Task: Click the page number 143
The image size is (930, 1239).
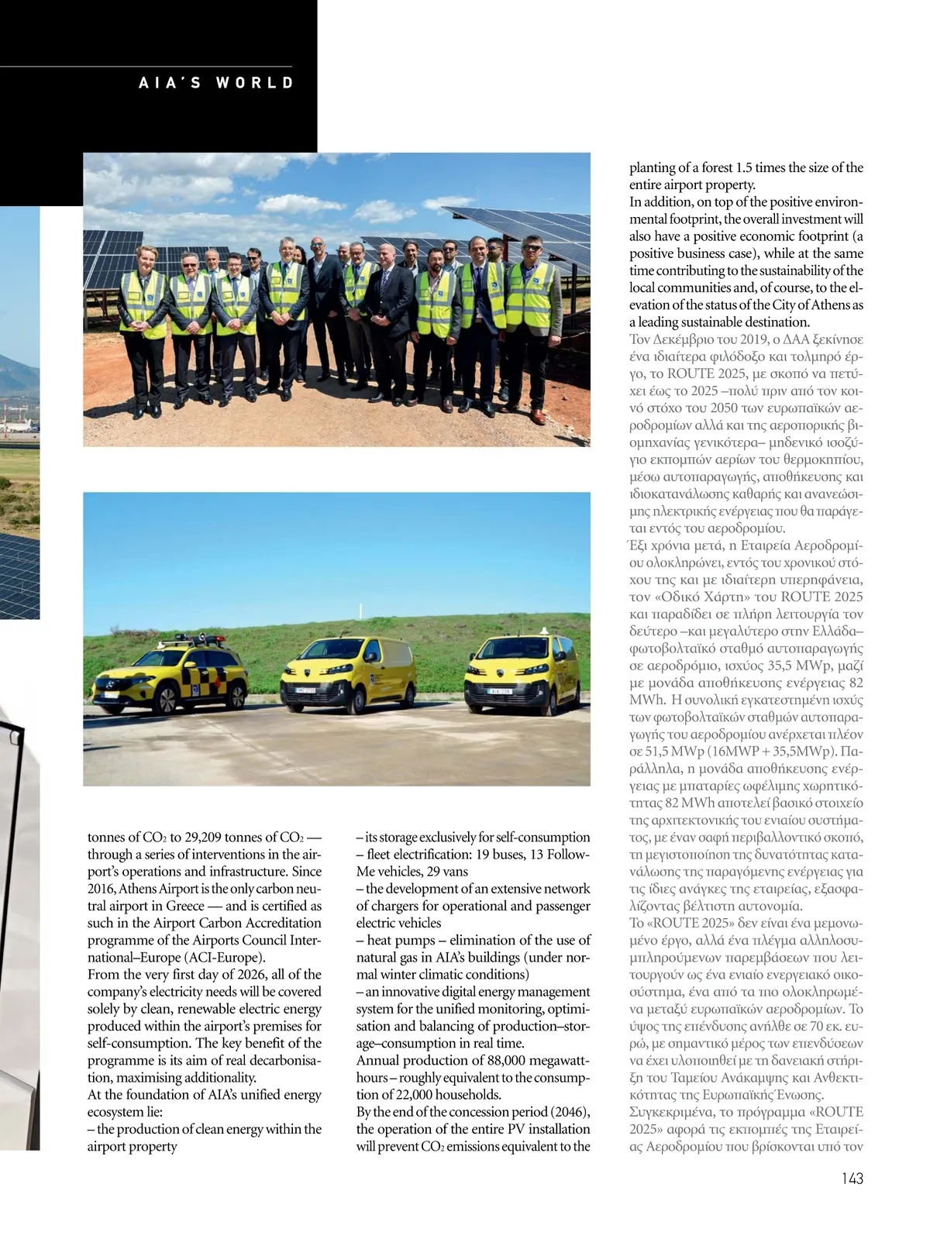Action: (852, 1179)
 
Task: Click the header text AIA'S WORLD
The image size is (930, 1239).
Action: (216, 83)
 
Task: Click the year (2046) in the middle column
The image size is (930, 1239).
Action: (570, 1112)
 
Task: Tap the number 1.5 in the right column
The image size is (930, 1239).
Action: (744, 168)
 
